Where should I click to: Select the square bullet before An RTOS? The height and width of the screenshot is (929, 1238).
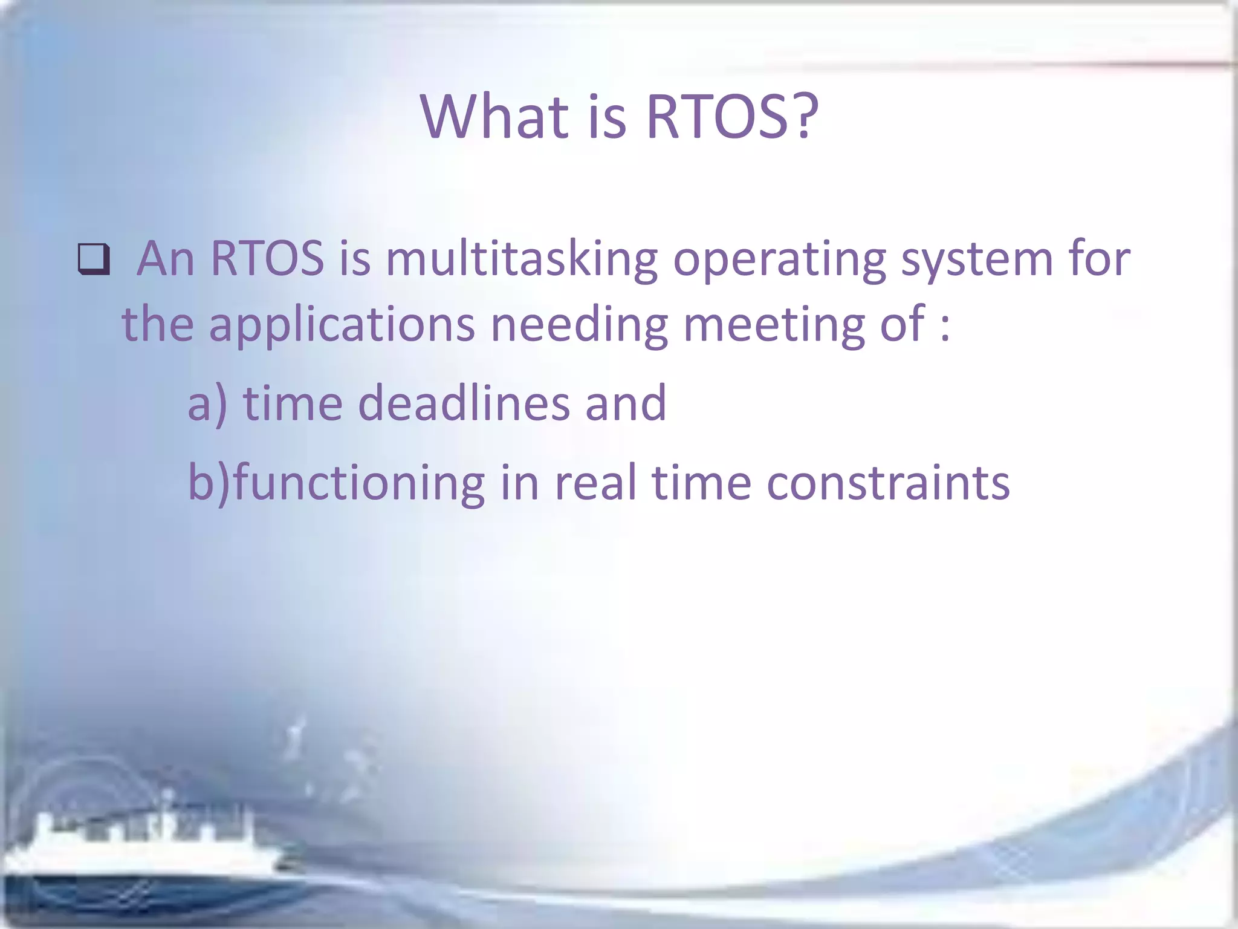[x=94, y=259]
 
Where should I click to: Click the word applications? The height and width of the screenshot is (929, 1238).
[x=342, y=325]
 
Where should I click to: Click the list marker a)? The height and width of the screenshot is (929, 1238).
[x=207, y=404]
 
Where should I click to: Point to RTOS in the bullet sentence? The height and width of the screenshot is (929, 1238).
[x=267, y=259]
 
